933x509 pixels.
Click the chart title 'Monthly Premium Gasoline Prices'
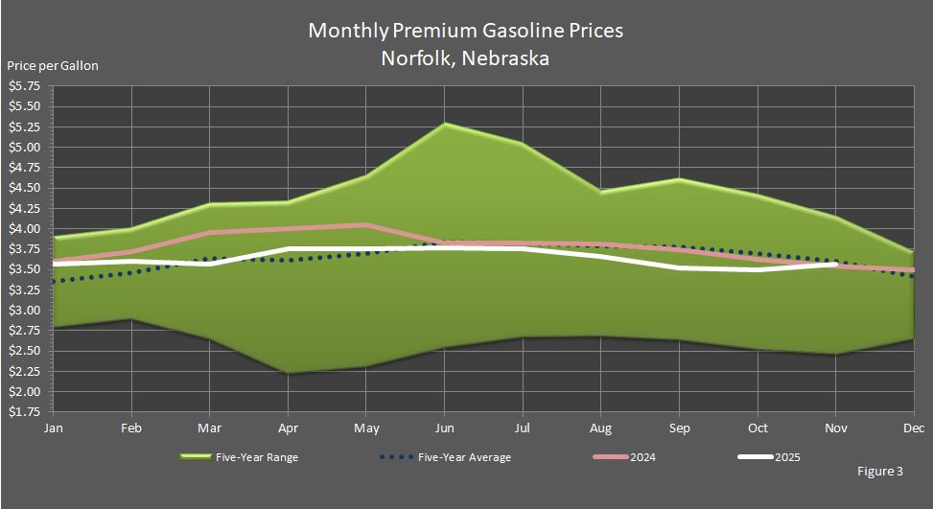[x=465, y=31]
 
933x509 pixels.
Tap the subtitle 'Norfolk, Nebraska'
[x=465, y=58]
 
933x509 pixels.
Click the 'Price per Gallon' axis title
[x=53, y=66]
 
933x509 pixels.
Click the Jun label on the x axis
[x=444, y=428]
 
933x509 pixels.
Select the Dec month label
[x=914, y=428]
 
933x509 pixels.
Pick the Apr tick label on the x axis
[x=287, y=428]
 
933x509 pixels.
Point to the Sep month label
[x=679, y=428]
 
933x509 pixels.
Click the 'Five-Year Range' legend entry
[x=258, y=457]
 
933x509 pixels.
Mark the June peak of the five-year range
[x=444, y=124]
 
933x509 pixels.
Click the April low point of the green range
[x=287, y=373]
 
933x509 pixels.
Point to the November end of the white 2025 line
[x=835, y=265]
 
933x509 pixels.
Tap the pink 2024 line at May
[x=365, y=225]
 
